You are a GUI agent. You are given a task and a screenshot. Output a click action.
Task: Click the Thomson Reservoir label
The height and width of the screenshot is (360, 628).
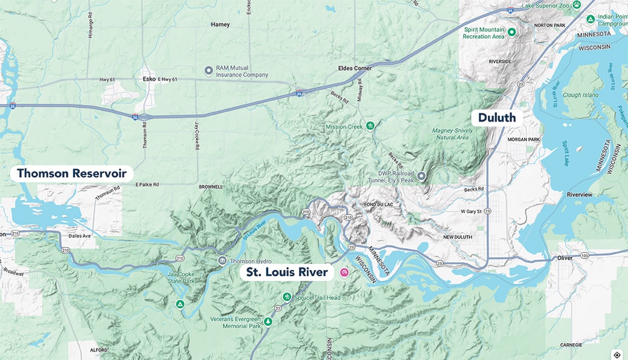pyautogui.click(x=71, y=174)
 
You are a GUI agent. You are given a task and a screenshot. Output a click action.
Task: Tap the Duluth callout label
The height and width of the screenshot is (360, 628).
pyautogui.click(x=497, y=117)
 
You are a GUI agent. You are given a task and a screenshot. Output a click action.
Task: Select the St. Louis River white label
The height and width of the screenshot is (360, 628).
pyautogui.click(x=287, y=272)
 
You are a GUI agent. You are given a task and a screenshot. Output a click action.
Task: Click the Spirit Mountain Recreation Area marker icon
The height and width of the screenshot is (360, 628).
pyautogui.click(x=511, y=32)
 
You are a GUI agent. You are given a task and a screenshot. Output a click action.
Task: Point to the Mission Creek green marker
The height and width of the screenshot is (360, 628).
pyautogui.click(x=371, y=126)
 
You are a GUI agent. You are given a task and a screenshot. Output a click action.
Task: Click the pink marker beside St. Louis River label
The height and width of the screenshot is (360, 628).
pyautogui.click(x=344, y=272)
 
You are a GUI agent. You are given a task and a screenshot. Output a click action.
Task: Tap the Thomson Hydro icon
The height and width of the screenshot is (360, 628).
pyautogui.click(x=222, y=261)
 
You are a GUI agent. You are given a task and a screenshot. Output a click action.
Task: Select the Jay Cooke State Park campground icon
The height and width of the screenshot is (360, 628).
pyautogui.click(x=180, y=304)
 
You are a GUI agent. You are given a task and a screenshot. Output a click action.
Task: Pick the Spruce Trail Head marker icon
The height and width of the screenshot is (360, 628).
pyautogui.click(x=287, y=297)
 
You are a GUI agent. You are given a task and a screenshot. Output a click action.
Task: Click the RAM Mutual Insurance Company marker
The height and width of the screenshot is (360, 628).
pyautogui.click(x=209, y=71)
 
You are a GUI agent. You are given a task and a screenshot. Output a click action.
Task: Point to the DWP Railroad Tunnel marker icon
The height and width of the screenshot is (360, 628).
pyautogui.click(x=421, y=176)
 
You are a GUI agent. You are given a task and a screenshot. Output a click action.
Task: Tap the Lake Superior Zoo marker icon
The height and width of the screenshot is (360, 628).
pyautogui.click(x=577, y=5)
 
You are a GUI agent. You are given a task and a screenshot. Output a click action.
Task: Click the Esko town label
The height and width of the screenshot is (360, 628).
pyautogui.click(x=149, y=79)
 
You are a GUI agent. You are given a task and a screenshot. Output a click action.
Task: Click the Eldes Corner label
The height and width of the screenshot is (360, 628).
pyautogui.click(x=355, y=69)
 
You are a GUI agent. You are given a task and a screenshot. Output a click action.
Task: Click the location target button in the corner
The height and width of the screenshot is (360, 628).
pyautogui.click(x=617, y=355)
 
